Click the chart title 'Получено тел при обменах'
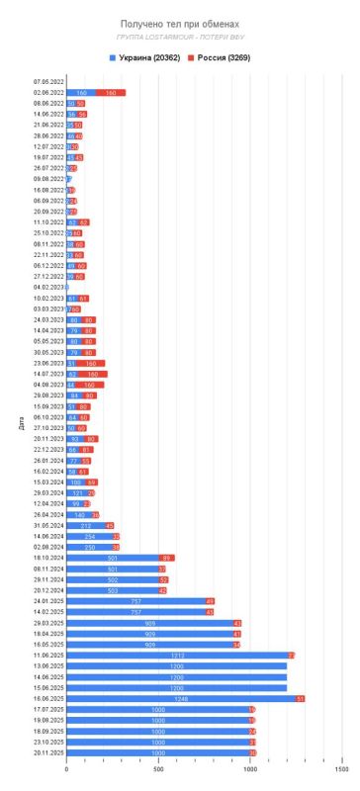[179, 22]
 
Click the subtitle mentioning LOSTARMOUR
[179, 37]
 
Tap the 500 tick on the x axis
[158, 769]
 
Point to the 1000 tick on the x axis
[249, 769]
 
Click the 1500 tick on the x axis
[340, 769]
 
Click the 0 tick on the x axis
[66, 769]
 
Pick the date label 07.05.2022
[47, 81]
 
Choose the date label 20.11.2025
[47, 753]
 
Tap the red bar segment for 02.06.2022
[111, 92]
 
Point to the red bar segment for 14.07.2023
[92, 375]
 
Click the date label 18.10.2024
[47, 558]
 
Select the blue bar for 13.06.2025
[176, 665]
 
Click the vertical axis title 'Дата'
[22, 425]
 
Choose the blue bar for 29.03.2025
[149, 623]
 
